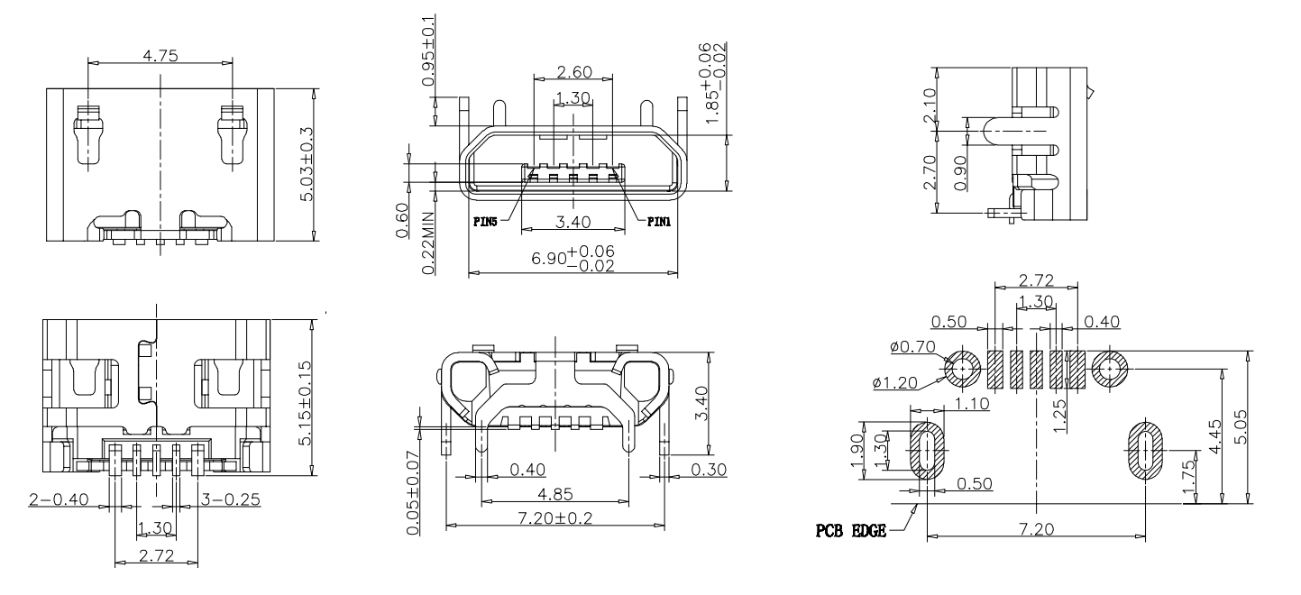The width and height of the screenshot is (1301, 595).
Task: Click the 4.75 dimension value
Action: click(x=160, y=55)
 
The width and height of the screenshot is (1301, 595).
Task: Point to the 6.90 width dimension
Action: click(x=572, y=258)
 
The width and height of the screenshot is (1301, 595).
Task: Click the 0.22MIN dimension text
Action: click(x=427, y=243)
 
